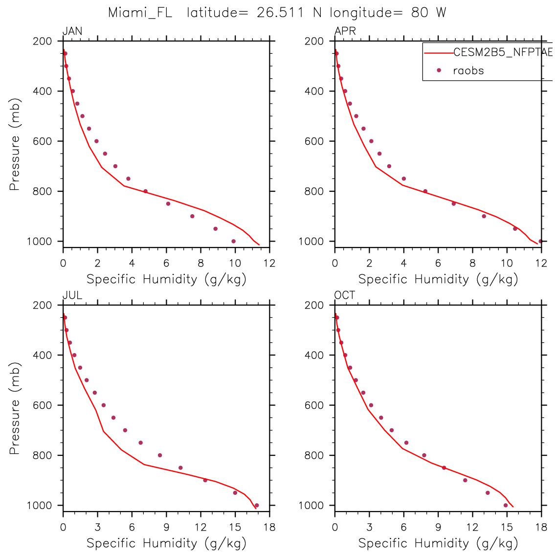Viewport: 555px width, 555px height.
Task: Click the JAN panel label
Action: point(72,32)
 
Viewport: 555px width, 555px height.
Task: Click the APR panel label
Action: point(345,32)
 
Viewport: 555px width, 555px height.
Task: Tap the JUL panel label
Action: point(72,296)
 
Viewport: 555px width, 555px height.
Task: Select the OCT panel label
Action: point(345,296)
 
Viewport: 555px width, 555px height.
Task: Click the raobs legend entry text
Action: point(468,70)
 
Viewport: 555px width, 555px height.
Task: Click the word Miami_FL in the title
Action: point(140,13)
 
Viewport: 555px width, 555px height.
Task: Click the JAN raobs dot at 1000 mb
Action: point(233,241)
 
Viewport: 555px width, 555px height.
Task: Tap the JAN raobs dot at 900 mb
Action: point(192,216)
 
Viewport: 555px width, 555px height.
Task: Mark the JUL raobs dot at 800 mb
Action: point(160,455)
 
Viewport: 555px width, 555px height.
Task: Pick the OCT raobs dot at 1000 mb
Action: point(506,505)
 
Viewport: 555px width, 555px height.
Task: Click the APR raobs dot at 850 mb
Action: point(454,203)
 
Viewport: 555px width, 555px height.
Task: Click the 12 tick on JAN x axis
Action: point(269,263)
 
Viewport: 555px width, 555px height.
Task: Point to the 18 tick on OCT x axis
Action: point(541,527)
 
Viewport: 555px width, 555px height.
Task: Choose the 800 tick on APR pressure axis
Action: point(314,191)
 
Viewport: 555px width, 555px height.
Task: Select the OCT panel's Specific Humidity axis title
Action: point(438,543)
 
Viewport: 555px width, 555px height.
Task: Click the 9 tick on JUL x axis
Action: point(166,527)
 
